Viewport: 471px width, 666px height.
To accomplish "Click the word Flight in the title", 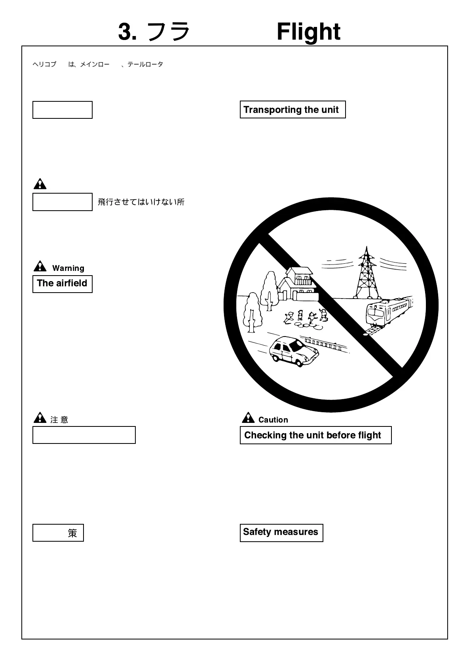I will [x=308, y=32].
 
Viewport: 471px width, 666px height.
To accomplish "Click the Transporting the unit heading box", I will [x=292, y=110].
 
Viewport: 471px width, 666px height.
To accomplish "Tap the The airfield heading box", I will [x=62, y=284].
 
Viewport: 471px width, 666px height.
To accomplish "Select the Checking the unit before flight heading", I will [x=315, y=435].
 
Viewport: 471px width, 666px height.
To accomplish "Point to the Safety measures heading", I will [x=281, y=532].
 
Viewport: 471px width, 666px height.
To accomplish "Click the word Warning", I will [x=68, y=268].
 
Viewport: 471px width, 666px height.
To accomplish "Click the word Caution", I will [x=273, y=420].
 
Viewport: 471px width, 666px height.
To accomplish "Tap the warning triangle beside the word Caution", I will [x=248, y=418].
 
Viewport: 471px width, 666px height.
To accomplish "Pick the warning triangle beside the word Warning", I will [x=40, y=266].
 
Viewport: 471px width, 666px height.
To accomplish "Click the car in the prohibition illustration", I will [x=294, y=350].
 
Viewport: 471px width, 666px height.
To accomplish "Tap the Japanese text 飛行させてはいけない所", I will [x=141, y=202].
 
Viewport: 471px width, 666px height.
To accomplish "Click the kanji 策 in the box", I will [x=72, y=533].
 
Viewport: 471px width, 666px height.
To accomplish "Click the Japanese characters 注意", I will [x=59, y=420].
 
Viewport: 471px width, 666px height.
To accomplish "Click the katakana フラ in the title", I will [x=168, y=32].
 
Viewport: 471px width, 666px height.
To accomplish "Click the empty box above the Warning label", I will [x=62, y=202].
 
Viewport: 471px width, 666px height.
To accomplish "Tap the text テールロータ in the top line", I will [x=145, y=64].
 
